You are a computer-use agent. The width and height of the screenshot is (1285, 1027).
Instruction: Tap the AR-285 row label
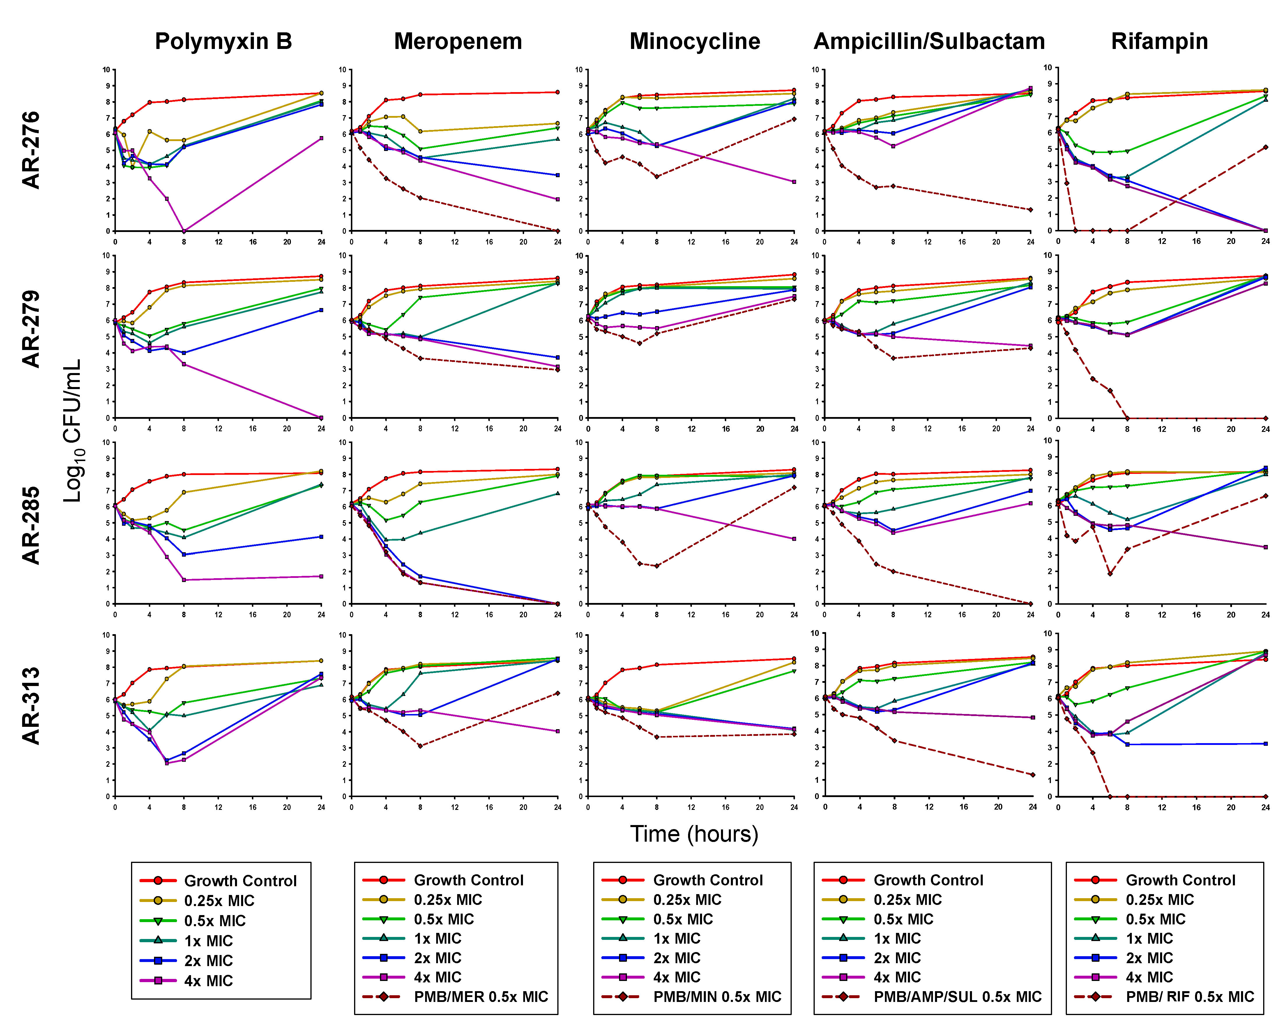pyautogui.click(x=31, y=525)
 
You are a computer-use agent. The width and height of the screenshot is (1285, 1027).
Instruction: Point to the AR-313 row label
pyautogui.click(x=31, y=706)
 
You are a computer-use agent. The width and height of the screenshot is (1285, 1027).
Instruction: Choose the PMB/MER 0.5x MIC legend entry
pyautogui.click(x=480, y=997)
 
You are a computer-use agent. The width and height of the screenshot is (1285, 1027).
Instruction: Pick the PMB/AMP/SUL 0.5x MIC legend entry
pyautogui.click(x=957, y=997)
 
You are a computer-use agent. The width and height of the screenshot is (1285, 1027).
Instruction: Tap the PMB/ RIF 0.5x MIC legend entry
pyautogui.click(x=1190, y=997)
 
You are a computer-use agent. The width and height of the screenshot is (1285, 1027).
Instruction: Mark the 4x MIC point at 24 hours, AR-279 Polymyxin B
pyautogui.click(x=321, y=418)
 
